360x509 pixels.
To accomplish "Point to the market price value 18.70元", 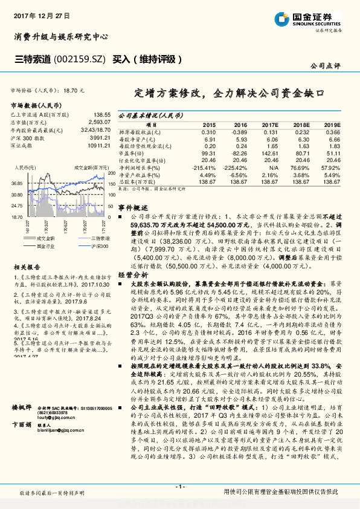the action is pos(74,89).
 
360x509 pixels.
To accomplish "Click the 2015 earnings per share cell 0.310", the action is pos(208,132).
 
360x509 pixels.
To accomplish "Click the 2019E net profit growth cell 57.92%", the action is pos(330,167).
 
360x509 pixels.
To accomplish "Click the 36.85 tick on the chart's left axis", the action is pos(16,182).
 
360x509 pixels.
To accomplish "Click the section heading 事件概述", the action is pos(131,207).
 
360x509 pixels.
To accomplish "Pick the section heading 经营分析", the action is pos(131,274).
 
